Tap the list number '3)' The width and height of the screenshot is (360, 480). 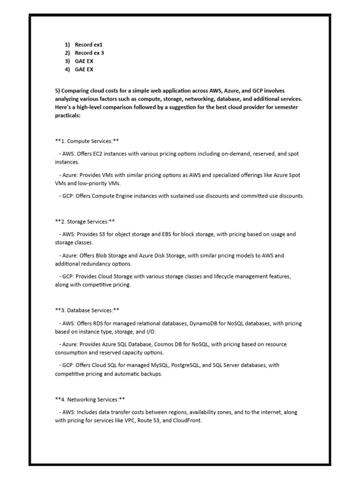click(67, 61)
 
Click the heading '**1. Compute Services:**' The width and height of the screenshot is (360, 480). click(88, 141)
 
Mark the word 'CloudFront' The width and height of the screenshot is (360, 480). click(187, 421)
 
